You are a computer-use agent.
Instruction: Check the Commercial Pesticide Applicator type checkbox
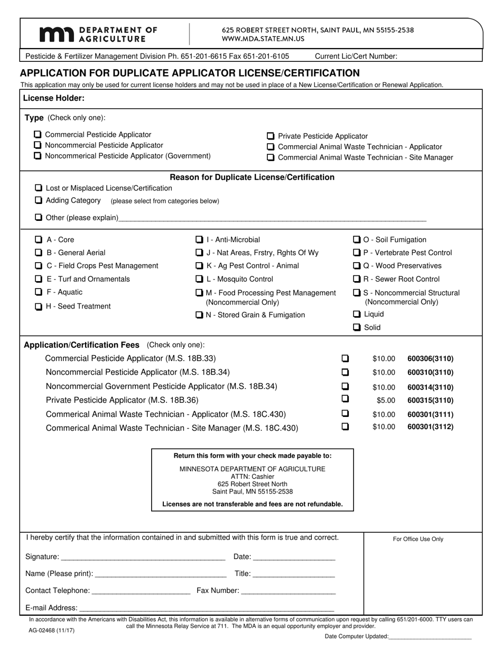38,135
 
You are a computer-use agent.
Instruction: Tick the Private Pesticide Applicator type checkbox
271,136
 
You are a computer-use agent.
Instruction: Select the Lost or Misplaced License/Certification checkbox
39,188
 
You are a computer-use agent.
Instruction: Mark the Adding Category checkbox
39,200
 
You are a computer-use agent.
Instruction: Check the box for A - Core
39,239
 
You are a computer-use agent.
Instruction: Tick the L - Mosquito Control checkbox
199,279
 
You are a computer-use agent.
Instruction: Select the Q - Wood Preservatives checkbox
357,266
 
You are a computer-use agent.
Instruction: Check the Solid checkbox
357,327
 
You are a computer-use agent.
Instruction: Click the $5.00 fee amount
386,401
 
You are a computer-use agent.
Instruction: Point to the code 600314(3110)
430,387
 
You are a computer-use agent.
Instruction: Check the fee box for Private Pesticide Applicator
345,399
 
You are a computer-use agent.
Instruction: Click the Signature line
143,558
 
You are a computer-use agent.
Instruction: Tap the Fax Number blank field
288,591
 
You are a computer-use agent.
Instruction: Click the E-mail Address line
206,608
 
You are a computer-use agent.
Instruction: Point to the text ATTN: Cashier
253,477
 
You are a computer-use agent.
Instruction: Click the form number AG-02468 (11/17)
52,630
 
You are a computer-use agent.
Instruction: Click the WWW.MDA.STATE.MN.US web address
263,39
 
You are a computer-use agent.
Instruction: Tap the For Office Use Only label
418,539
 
